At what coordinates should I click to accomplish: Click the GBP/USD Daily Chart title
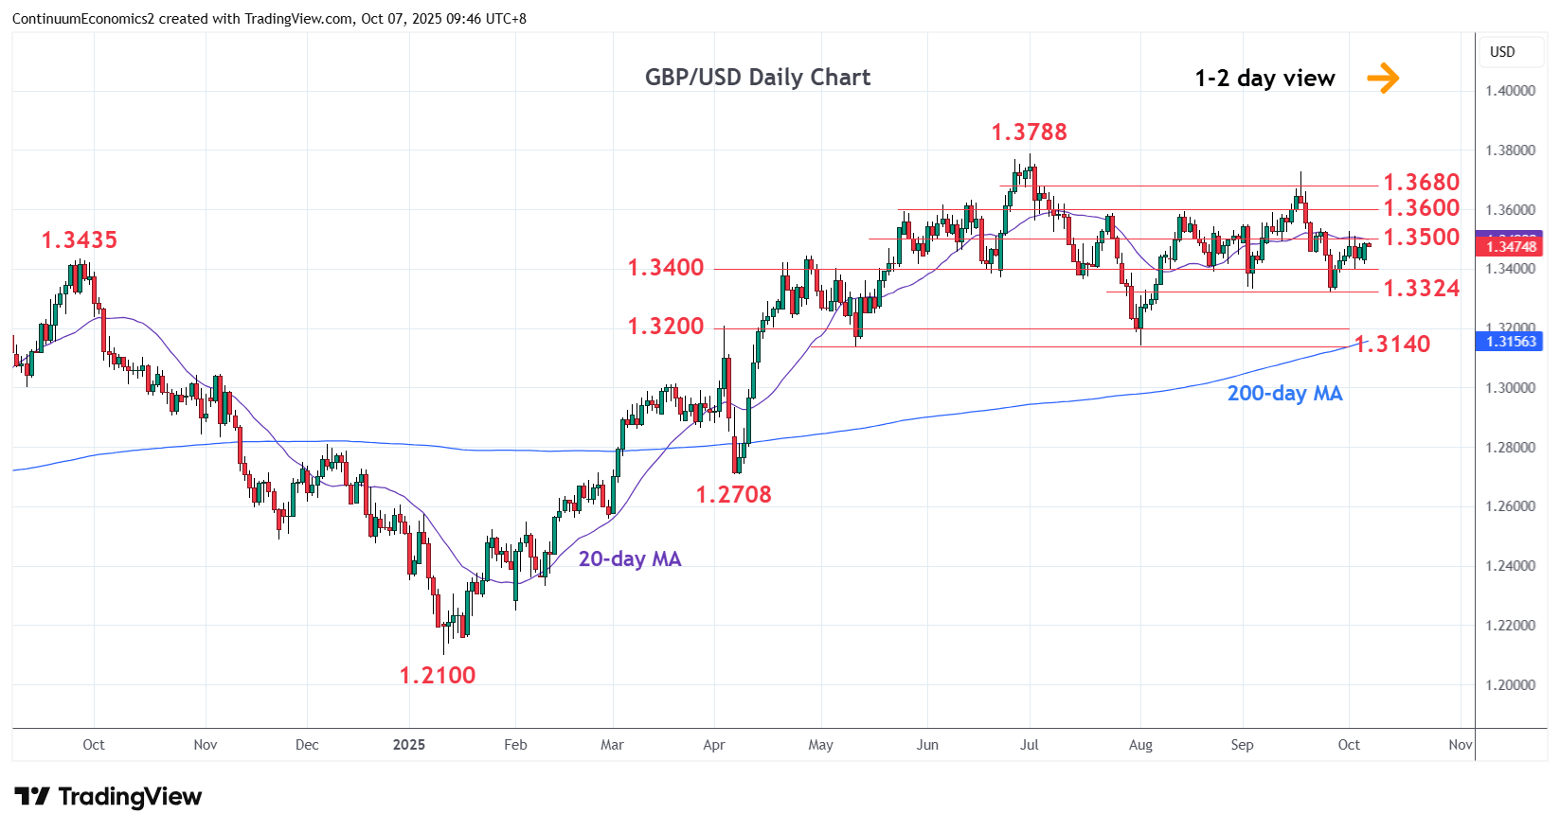(757, 78)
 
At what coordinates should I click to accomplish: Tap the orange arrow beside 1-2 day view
(1383, 78)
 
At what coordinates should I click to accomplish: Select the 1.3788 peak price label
(1029, 133)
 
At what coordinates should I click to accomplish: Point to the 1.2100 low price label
(438, 676)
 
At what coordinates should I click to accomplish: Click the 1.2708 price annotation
(733, 495)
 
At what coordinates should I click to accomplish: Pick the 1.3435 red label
(80, 240)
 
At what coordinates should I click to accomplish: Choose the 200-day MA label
(1284, 394)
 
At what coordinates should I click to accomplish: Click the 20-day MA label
(630, 559)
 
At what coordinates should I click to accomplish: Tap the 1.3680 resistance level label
(1421, 182)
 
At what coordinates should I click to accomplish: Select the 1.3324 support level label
(1421, 289)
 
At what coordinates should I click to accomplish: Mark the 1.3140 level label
(1393, 345)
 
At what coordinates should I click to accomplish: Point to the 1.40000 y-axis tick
(1510, 91)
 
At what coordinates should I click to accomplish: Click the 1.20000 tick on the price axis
(1510, 685)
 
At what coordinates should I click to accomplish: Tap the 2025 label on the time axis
(409, 745)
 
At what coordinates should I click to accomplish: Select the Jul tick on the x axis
(1030, 745)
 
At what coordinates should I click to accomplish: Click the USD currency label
(1502, 52)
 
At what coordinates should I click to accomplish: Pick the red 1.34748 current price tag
(1511, 247)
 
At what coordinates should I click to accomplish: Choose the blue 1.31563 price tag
(1511, 342)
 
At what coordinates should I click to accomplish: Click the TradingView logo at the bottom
(108, 797)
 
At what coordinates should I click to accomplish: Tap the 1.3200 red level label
(666, 327)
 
